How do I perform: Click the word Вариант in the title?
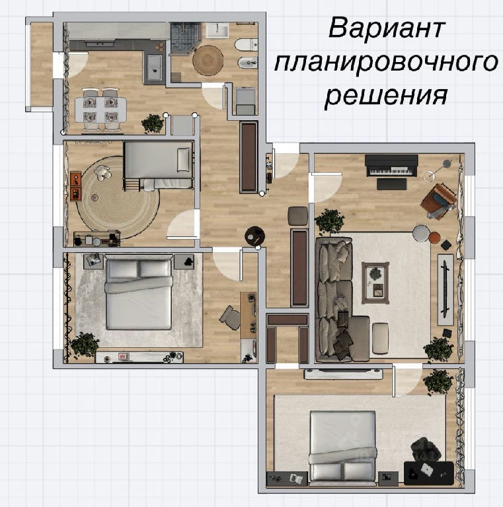tap(387, 28)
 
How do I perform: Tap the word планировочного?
tap(385, 63)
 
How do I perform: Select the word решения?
tap(386, 96)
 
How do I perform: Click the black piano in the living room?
tap(391, 165)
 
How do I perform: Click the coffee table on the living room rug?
tap(375, 283)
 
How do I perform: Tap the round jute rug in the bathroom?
tap(208, 60)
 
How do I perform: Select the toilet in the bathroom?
tap(247, 45)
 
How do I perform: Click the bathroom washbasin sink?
tap(217, 30)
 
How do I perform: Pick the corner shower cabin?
tap(184, 37)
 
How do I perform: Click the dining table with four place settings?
tap(100, 110)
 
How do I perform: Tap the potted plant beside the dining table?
tap(153, 123)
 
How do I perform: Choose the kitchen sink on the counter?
tap(155, 67)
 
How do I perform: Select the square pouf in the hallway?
tap(298, 216)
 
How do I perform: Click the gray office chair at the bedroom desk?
tap(231, 318)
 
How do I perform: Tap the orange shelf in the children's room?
tap(76, 186)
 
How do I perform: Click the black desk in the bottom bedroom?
tap(429, 473)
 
